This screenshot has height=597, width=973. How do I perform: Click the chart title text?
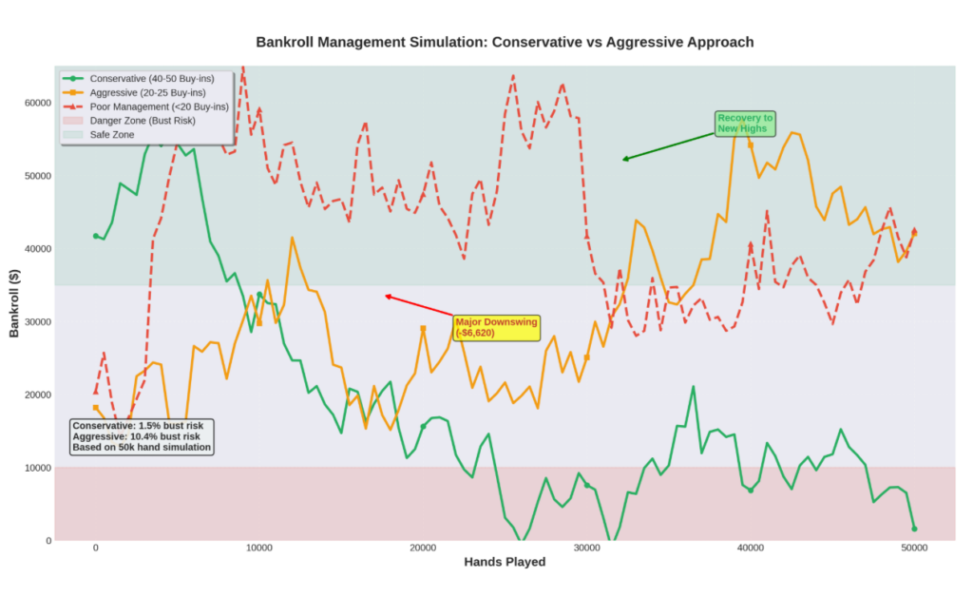coord(505,42)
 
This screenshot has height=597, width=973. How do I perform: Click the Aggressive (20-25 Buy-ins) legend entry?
coord(146,92)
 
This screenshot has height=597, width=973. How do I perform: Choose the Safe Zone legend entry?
coord(111,135)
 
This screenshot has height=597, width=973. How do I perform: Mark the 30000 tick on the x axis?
coord(586,549)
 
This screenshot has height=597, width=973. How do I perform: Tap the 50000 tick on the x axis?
coord(914,549)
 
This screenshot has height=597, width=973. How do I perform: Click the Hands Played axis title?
coord(505,563)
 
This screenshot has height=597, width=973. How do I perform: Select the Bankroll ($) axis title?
coord(14,302)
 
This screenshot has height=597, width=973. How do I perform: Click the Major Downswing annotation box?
coord(496,328)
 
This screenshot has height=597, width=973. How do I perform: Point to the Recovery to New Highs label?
coord(745,124)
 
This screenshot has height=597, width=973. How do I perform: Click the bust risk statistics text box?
coord(142,436)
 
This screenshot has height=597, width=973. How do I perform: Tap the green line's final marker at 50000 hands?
coord(914,529)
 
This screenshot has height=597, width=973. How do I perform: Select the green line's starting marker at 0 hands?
coord(95,236)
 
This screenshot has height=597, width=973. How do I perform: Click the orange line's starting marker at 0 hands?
coord(95,408)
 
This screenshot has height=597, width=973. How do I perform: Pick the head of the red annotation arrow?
coord(386,296)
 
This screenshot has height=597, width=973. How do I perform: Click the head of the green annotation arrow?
coord(623,160)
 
